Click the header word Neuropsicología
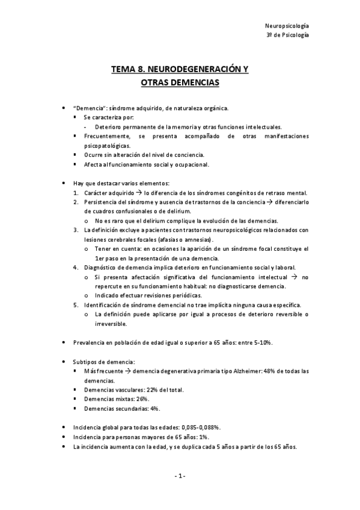tap(287, 26)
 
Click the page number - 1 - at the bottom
tap(180, 476)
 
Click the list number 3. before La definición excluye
tap(76, 230)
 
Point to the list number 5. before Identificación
tap(76, 305)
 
